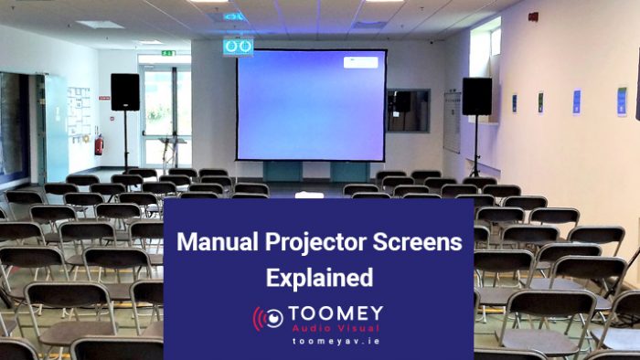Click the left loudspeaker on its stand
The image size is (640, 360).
(x=125, y=91)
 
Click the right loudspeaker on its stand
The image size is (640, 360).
(x=476, y=96)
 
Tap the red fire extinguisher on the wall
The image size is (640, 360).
(x=99, y=145)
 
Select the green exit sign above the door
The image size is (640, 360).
(x=168, y=53)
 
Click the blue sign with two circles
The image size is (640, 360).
(x=238, y=46)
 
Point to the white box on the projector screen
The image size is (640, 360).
(x=360, y=63)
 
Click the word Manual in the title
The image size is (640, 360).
(x=215, y=243)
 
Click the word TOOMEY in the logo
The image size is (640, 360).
(x=336, y=313)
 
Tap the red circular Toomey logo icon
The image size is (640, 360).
(x=268, y=319)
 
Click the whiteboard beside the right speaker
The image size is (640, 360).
(x=452, y=121)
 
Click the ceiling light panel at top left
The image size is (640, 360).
(x=101, y=25)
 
